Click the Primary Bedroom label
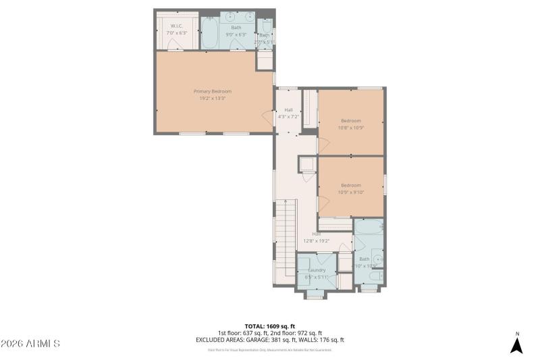213,91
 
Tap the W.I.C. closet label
176,26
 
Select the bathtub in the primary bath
209,33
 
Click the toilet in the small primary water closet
265,28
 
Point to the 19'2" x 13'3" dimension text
213,99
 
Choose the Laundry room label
317,269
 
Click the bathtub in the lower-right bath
369,230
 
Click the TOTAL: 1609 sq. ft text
270,326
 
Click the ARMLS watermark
30,344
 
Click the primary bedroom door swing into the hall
268,119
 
